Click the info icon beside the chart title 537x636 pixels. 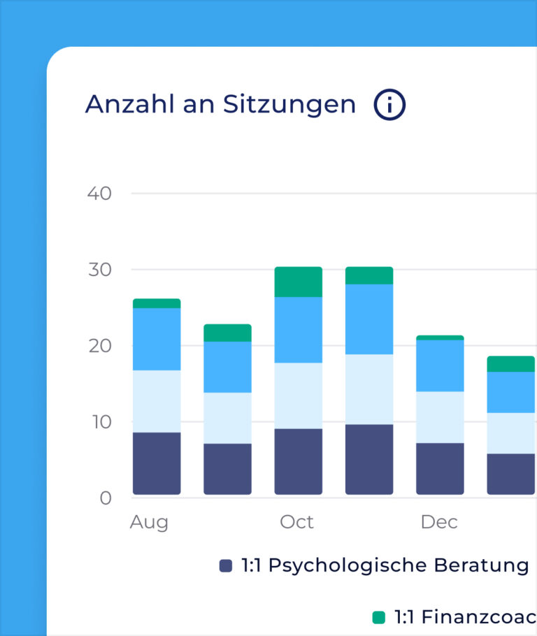click(389, 105)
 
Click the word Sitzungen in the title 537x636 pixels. click(289, 104)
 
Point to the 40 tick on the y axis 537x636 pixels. click(99, 194)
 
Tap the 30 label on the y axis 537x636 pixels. click(99, 270)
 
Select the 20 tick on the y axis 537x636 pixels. click(99, 346)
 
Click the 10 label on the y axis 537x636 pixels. click(99, 421)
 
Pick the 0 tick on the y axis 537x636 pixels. click(106, 498)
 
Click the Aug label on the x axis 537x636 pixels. click(149, 522)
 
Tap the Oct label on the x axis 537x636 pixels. click(297, 522)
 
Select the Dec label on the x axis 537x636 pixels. click(439, 522)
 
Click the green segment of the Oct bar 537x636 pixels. click(299, 282)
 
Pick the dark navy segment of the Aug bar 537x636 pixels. click(157, 463)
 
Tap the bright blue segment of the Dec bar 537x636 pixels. click(440, 366)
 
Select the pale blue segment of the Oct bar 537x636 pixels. click(299, 396)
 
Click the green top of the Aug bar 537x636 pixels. click(157, 303)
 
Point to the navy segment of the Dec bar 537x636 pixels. click(440, 468)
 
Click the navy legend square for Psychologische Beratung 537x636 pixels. click(226, 565)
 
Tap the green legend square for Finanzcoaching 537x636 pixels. click(379, 617)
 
